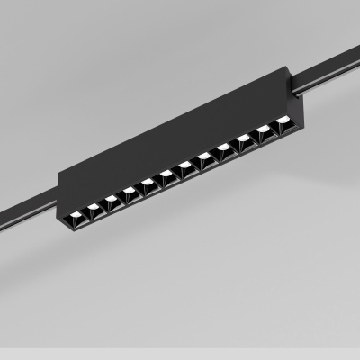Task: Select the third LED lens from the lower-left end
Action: point(112,197)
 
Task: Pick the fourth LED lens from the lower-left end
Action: point(130,189)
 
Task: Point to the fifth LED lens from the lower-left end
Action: point(147,181)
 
